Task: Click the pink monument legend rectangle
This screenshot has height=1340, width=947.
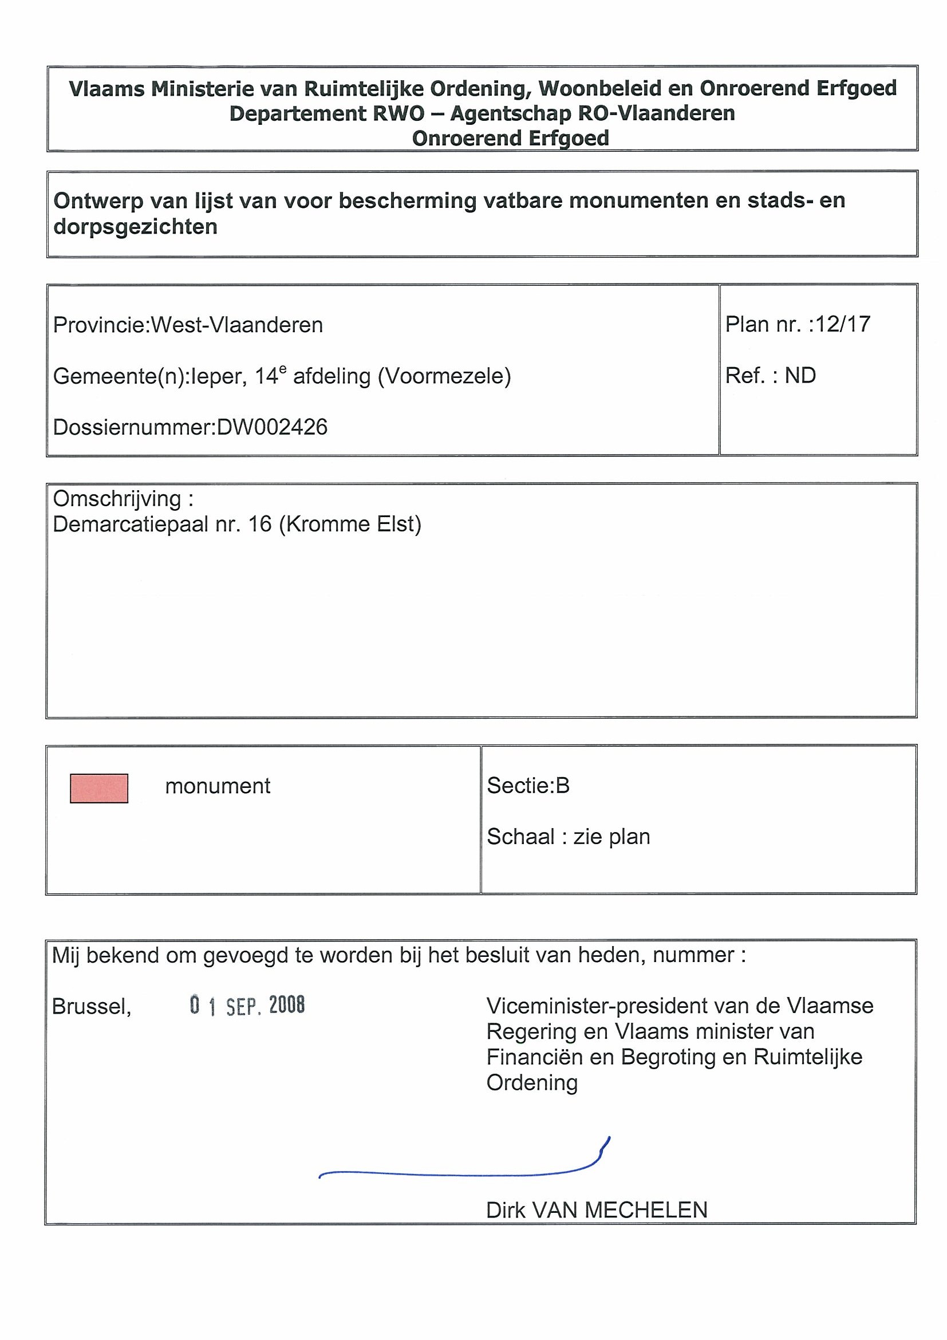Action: [98, 788]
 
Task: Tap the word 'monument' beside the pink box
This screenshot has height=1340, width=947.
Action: [218, 786]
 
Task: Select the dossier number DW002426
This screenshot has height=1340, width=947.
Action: [272, 427]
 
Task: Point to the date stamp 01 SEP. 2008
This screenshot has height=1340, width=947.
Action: [247, 1005]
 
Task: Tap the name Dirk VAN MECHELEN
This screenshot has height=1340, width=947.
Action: [597, 1211]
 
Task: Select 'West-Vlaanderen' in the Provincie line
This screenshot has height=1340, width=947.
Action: [237, 325]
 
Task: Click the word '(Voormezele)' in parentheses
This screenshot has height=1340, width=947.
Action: [445, 376]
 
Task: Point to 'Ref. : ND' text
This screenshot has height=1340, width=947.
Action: [770, 375]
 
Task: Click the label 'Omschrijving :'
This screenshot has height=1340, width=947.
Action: [123, 499]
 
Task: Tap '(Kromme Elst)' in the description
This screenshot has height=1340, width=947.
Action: [350, 524]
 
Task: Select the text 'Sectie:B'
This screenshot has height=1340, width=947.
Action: [528, 786]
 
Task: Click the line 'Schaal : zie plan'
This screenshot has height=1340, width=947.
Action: [569, 837]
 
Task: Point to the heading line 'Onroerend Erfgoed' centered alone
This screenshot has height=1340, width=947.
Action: [511, 139]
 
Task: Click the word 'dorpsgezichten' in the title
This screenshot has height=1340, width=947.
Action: [135, 226]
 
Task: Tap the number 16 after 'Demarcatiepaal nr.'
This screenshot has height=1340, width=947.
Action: [261, 524]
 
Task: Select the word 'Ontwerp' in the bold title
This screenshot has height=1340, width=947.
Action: [98, 201]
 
